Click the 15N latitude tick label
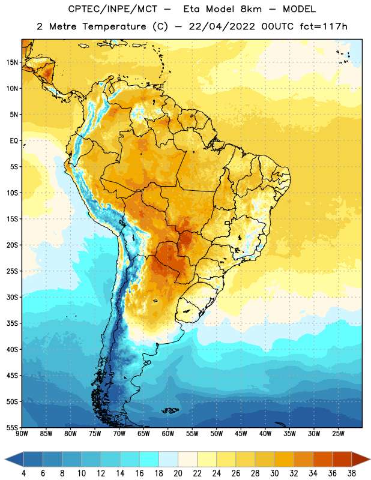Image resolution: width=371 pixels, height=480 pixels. click(x=12, y=62)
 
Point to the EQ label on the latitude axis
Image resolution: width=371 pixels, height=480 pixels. click(x=14, y=141)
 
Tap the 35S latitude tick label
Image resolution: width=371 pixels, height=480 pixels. click(x=12, y=323)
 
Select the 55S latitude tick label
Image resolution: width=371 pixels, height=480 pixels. click(x=12, y=427)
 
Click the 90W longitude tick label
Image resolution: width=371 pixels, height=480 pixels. click(x=22, y=434)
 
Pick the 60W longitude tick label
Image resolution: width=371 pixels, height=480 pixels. click(x=168, y=434)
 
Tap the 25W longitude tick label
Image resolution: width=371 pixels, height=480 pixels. click(x=338, y=434)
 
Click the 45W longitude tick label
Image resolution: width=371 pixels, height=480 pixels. click(x=241, y=434)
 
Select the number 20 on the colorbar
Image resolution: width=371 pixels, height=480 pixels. click(x=178, y=473)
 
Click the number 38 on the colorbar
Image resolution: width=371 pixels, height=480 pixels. click(x=352, y=473)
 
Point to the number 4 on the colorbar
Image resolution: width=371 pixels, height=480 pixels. click(x=23, y=473)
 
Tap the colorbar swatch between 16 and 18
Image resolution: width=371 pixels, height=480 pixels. click(x=149, y=459)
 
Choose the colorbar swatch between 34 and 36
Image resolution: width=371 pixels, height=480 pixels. click(x=323, y=459)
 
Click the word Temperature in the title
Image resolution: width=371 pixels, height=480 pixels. click(x=114, y=26)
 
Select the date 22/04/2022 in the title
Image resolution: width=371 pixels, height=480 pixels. click(x=222, y=26)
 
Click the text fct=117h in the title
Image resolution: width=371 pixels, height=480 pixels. click(x=324, y=26)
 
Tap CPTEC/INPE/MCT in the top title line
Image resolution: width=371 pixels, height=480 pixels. click(x=112, y=9)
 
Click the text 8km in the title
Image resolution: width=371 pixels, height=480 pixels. click(x=251, y=9)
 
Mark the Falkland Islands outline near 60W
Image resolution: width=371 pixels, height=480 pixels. click(x=170, y=410)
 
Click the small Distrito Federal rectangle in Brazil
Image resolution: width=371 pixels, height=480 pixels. click(x=228, y=223)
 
